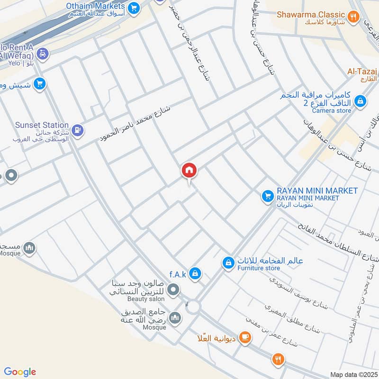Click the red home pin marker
189,171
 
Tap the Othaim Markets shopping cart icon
134,7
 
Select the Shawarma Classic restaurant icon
352,17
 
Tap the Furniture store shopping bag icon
228,262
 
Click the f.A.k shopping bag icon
195,273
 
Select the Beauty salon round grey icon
174,289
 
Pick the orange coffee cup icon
244,337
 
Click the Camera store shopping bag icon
361,100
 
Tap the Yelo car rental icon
43,54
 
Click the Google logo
20,372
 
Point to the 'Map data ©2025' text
353,374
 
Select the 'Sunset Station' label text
42,125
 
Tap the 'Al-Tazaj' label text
361,71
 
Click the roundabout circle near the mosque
193,307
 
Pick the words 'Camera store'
332,110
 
